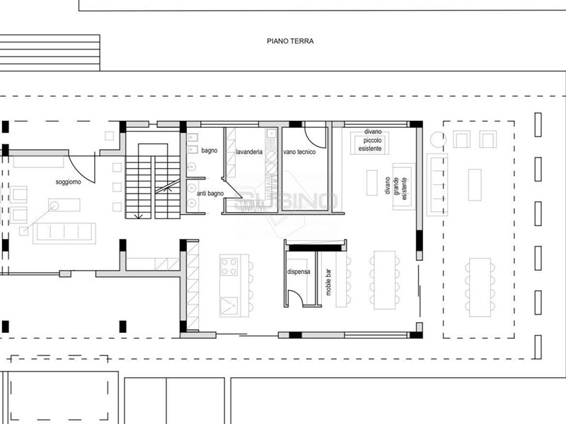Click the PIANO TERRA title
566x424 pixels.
click(x=290, y=41)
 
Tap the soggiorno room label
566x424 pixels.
click(x=68, y=182)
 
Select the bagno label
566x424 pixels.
click(x=209, y=151)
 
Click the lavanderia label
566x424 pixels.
click(x=249, y=152)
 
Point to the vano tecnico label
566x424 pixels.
click(x=299, y=152)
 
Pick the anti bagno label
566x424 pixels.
click(x=210, y=194)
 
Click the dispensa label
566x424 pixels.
click(x=299, y=271)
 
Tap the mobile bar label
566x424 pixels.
click(x=328, y=282)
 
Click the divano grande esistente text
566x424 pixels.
click(x=395, y=187)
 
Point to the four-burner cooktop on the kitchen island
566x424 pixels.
click(x=229, y=266)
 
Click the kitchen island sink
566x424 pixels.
click(x=229, y=306)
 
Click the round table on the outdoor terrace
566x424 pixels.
click(x=438, y=139)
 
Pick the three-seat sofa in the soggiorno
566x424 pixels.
click(x=64, y=233)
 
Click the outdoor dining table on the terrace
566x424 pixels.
click(x=480, y=288)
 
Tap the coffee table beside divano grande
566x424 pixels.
click(x=372, y=183)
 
